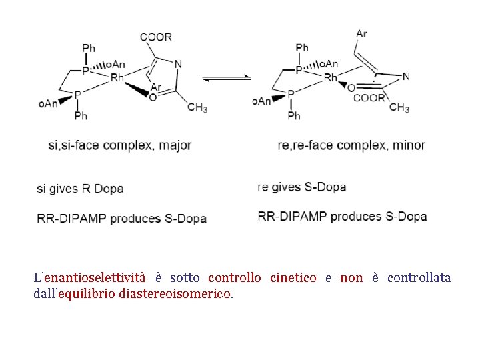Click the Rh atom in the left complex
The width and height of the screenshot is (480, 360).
click(x=117, y=78)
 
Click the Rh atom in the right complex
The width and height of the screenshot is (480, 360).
click(x=331, y=78)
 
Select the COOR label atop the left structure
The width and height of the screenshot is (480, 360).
click(x=156, y=37)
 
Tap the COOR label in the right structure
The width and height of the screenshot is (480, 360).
click(x=369, y=98)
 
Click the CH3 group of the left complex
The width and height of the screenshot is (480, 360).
click(x=197, y=107)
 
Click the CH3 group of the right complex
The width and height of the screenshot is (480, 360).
click(x=399, y=107)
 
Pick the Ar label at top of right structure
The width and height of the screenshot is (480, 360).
click(x=361, y=33)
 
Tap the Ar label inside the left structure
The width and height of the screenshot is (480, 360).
click(x=156, y=87)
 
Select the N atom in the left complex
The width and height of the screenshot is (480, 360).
click(x=178, y=64)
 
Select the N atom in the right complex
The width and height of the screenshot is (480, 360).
click(x=406, y=77)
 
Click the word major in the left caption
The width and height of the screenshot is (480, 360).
click(x=175, y=145)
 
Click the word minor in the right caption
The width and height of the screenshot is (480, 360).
click(x=409, y=145)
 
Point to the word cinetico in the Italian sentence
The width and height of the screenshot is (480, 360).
click(x=293, y=277)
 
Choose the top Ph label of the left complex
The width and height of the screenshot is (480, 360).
click(x=89, y=47)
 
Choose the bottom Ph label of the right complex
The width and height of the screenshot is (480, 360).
click(x=294, y=116)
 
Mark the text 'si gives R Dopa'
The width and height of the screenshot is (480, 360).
click(x=80, y=189)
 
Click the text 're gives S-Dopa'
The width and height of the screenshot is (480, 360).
click(x=301, y=187)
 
